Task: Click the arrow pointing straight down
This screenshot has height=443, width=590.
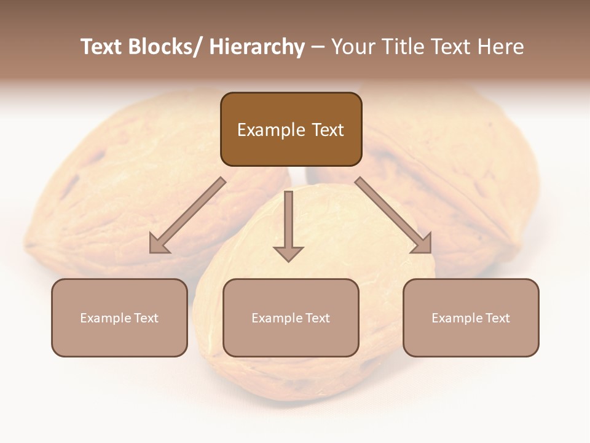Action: point(288,221)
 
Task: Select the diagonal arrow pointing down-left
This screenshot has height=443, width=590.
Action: point(187,215)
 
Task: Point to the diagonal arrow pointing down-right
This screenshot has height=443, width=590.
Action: point(393,215)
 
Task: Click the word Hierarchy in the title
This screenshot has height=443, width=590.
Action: point(257,47)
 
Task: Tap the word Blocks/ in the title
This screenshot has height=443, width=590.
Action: point(161,47)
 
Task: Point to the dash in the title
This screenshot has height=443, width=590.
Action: point(317,47)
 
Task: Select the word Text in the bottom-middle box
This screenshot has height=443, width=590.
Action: point(316,318)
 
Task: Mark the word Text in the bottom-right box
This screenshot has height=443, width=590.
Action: point(496,318)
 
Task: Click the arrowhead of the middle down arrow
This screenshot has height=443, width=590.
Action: point(288,253)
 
